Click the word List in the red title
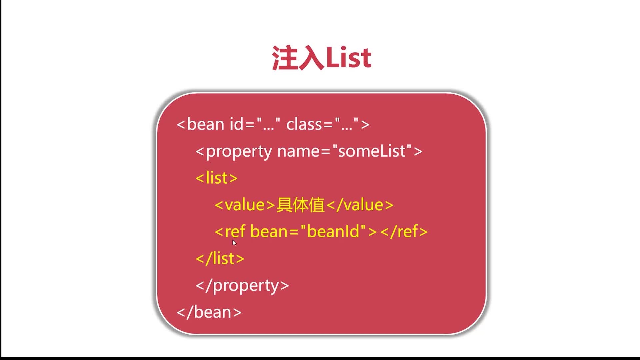point(348,58)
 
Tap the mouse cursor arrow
point(234,243)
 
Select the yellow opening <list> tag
point(217,178)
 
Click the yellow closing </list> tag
point(220,258)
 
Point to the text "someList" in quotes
point(372,151)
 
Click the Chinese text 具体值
point(301,205)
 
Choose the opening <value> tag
point(245,205)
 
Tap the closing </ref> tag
point(404,231)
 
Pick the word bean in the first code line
point(206,124)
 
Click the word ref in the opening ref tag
point(235,231)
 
